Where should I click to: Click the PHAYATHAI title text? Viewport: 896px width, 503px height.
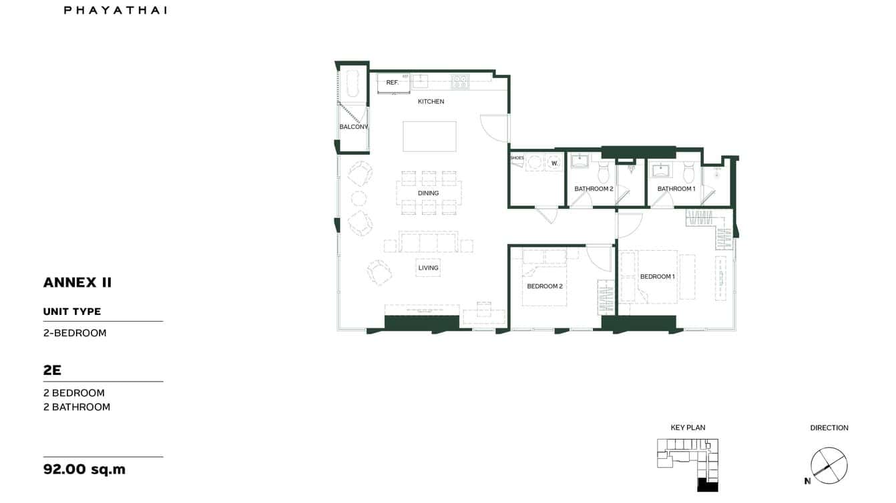coord(115,10)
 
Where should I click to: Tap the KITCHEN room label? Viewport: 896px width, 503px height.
coord(431,101)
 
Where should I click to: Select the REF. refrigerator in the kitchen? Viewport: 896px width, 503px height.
coord(393,83)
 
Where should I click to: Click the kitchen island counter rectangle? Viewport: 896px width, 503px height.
coord(429,136)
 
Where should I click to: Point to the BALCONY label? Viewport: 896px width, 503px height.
coord(353,127)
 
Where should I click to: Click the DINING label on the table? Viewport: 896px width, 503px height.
coord(429,193)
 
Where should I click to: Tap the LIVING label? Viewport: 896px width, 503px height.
coord(428,268)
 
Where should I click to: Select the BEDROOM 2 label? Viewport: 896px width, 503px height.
coord(545,286)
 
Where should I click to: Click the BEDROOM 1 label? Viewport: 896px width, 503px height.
coord(657,276)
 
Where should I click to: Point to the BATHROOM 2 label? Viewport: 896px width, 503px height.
coord(594,189)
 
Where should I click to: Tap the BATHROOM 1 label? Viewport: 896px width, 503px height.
coord(676,189)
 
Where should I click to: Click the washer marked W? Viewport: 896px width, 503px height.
coord(554,163)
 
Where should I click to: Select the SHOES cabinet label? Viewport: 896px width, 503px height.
coord(517,158)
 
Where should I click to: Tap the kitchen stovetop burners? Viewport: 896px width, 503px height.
coord(459,82)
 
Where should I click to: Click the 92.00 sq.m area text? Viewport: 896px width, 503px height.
coord(84,469)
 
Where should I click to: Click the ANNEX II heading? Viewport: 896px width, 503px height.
coord(77,282)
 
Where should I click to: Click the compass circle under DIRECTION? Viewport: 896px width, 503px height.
coord(829,465)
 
